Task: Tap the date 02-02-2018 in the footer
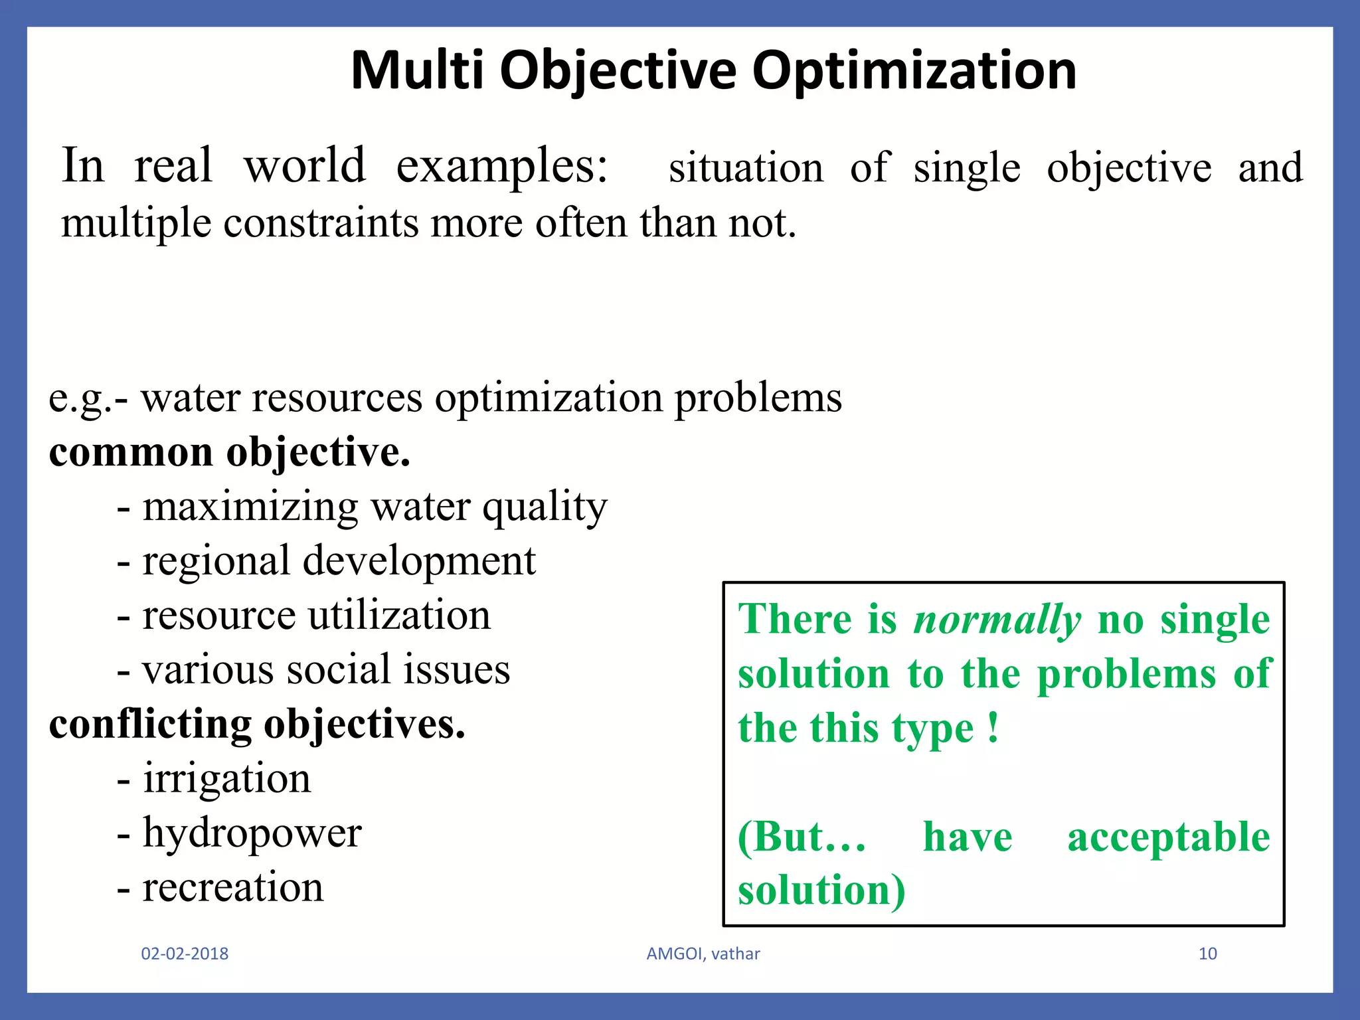(x=185, y=954)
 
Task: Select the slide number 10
(x=1207, y=954)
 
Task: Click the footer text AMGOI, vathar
(x=703, y=954)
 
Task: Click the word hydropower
(x=252, y=833)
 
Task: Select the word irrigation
(x=227, y=778)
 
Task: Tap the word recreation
(x=233, y=887)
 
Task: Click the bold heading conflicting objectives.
(x=257, y=724)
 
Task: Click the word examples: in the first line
(x=502, y=166)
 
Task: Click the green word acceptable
(x=1168, y=837)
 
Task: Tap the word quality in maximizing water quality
(x=545, y=508)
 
